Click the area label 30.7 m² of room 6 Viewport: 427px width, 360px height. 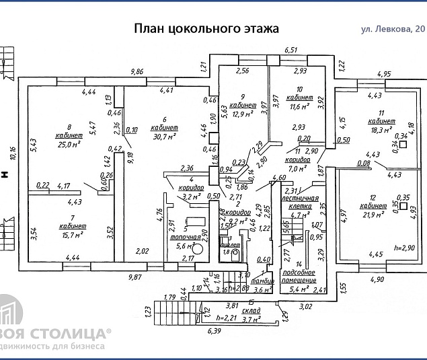click(x=164, y=137)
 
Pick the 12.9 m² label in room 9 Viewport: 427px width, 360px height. click(x=242, y=114)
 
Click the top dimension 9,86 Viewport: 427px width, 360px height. click(x=137, y=71)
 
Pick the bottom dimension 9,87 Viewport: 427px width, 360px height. click(x=136, y=276)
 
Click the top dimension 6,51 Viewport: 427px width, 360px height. click(x=290, y=50)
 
